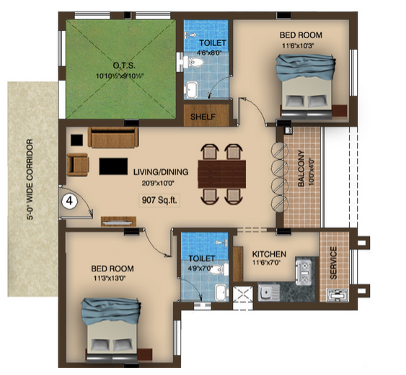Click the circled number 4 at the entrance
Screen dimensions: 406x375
pyautogui.click(x=69, y=201)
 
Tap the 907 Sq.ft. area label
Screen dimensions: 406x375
pyautogui.click(x=159, y=200)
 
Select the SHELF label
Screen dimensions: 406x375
pyautogui.click(x=203, y=117)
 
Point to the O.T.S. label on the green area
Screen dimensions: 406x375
pyautogui.click(x=124, y=65)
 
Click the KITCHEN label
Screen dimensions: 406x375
pyautogui.click(x=269, y=254)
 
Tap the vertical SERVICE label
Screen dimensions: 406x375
pyautogui.click(x=334, y=263)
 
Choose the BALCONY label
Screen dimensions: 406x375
pyautogui.click(x=301, y=168)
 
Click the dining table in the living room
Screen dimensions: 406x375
pyautogui.click(x=222, y=174)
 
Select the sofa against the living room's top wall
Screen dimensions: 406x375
pyautogui.click(x=113, y=137)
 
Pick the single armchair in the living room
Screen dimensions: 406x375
pyautogui.click(x=78, y=164)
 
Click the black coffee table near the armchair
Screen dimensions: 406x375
pyautogui.click(x=113, y=166)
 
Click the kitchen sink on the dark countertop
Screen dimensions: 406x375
pyautogui.click(x=269, y=293)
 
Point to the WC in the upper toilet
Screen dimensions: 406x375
pyautogui.click(x=193, y=63)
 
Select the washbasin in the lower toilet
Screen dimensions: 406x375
pyautogui.click(x=221, y=293)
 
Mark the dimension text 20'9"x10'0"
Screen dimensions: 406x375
pyautogui.click(x=158, y=184)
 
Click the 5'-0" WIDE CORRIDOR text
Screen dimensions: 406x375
pyautogui.click(x=30, y=179)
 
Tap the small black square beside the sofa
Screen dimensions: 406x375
pyautogui.click(x=77, y=140)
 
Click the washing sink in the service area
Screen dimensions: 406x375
pyautogui.click(x=337, y=295)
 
